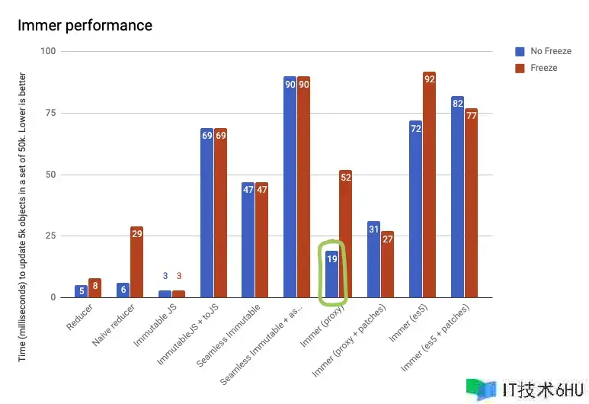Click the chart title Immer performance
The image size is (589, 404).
point(85,25)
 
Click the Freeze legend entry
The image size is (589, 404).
point(543,68)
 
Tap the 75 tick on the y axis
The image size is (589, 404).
point(50,113)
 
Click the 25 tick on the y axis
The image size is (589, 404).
point(50,236)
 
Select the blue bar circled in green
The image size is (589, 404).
point(332,274)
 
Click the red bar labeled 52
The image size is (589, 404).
point(346,233)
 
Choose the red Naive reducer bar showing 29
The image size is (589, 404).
point(137,261)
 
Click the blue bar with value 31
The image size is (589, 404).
point(373,259)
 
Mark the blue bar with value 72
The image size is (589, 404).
point(415,209)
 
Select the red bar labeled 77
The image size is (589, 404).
point(471,203)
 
